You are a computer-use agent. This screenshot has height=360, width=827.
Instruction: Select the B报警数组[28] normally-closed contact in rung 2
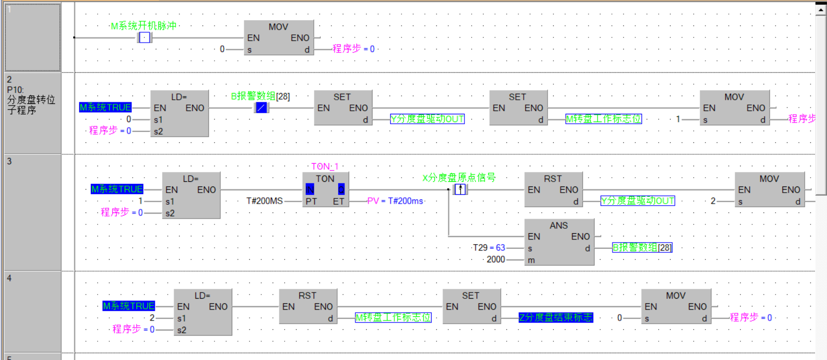coord(261,108)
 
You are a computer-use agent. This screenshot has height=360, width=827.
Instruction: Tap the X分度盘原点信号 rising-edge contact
coord(461,190)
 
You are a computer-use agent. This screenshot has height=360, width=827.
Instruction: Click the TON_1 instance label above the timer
coord(325,166)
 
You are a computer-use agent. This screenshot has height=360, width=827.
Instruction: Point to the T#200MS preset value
coord(264,201)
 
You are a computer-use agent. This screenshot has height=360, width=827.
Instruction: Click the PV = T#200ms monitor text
coord(395,201)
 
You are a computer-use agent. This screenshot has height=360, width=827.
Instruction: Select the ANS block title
coord(558,225)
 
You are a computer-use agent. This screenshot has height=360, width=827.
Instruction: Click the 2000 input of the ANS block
coord(496,259)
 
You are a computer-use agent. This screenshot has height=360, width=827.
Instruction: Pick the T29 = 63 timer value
coord(489,248)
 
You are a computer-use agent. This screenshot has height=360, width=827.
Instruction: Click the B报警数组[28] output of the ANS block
coord(642,248)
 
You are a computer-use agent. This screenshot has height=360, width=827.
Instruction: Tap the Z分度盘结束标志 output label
coord(555,317)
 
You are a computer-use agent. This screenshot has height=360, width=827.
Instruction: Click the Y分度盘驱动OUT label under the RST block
coord(637,201)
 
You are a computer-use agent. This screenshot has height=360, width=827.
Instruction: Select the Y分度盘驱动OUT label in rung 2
coord(427,119)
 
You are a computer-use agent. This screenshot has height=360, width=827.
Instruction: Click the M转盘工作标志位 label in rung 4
coord(393,317)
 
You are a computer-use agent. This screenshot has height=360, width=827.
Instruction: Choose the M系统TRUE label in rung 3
coord(117,189)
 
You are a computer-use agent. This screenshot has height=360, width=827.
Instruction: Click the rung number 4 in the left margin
coord(9,278)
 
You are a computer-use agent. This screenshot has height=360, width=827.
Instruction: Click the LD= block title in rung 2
coord(179,97)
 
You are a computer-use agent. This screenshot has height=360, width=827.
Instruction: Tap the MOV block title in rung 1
coord(278,27)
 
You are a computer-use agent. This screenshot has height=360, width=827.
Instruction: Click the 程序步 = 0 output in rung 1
coord(353,49)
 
